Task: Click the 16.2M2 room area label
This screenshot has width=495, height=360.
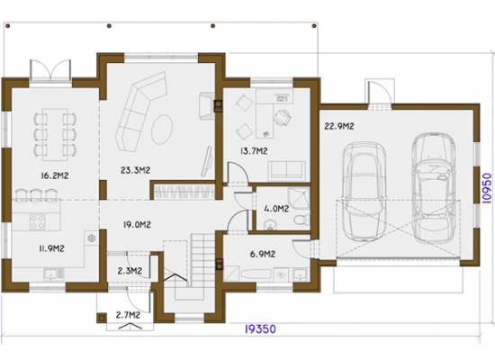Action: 55,175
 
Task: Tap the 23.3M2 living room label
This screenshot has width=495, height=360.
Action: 135,170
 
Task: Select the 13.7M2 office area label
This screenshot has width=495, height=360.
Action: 254,151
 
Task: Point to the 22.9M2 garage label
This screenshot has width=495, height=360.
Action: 339,126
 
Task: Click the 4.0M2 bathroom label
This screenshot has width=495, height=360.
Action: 276,209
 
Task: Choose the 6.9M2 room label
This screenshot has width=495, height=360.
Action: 263,254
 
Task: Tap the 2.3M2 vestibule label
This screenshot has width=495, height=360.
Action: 130,271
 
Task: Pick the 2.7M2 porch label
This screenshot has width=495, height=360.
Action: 128,315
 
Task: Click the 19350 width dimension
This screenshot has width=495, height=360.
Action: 260,329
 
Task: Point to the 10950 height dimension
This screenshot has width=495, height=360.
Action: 487,188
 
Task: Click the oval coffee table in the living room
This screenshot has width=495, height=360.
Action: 162,130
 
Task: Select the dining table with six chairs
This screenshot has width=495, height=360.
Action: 55,135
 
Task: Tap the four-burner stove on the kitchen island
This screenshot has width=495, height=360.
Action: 37,221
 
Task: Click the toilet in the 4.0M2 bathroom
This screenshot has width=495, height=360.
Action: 301,220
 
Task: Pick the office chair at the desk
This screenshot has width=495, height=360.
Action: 283,118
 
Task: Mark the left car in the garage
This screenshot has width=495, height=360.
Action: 365,192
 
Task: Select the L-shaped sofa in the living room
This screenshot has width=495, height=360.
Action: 140,112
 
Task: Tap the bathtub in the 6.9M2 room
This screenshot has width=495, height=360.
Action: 256,274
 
